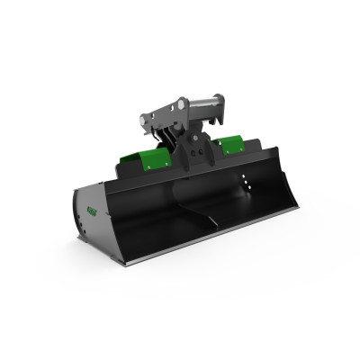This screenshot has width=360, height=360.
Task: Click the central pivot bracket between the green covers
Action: coord(192,153)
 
